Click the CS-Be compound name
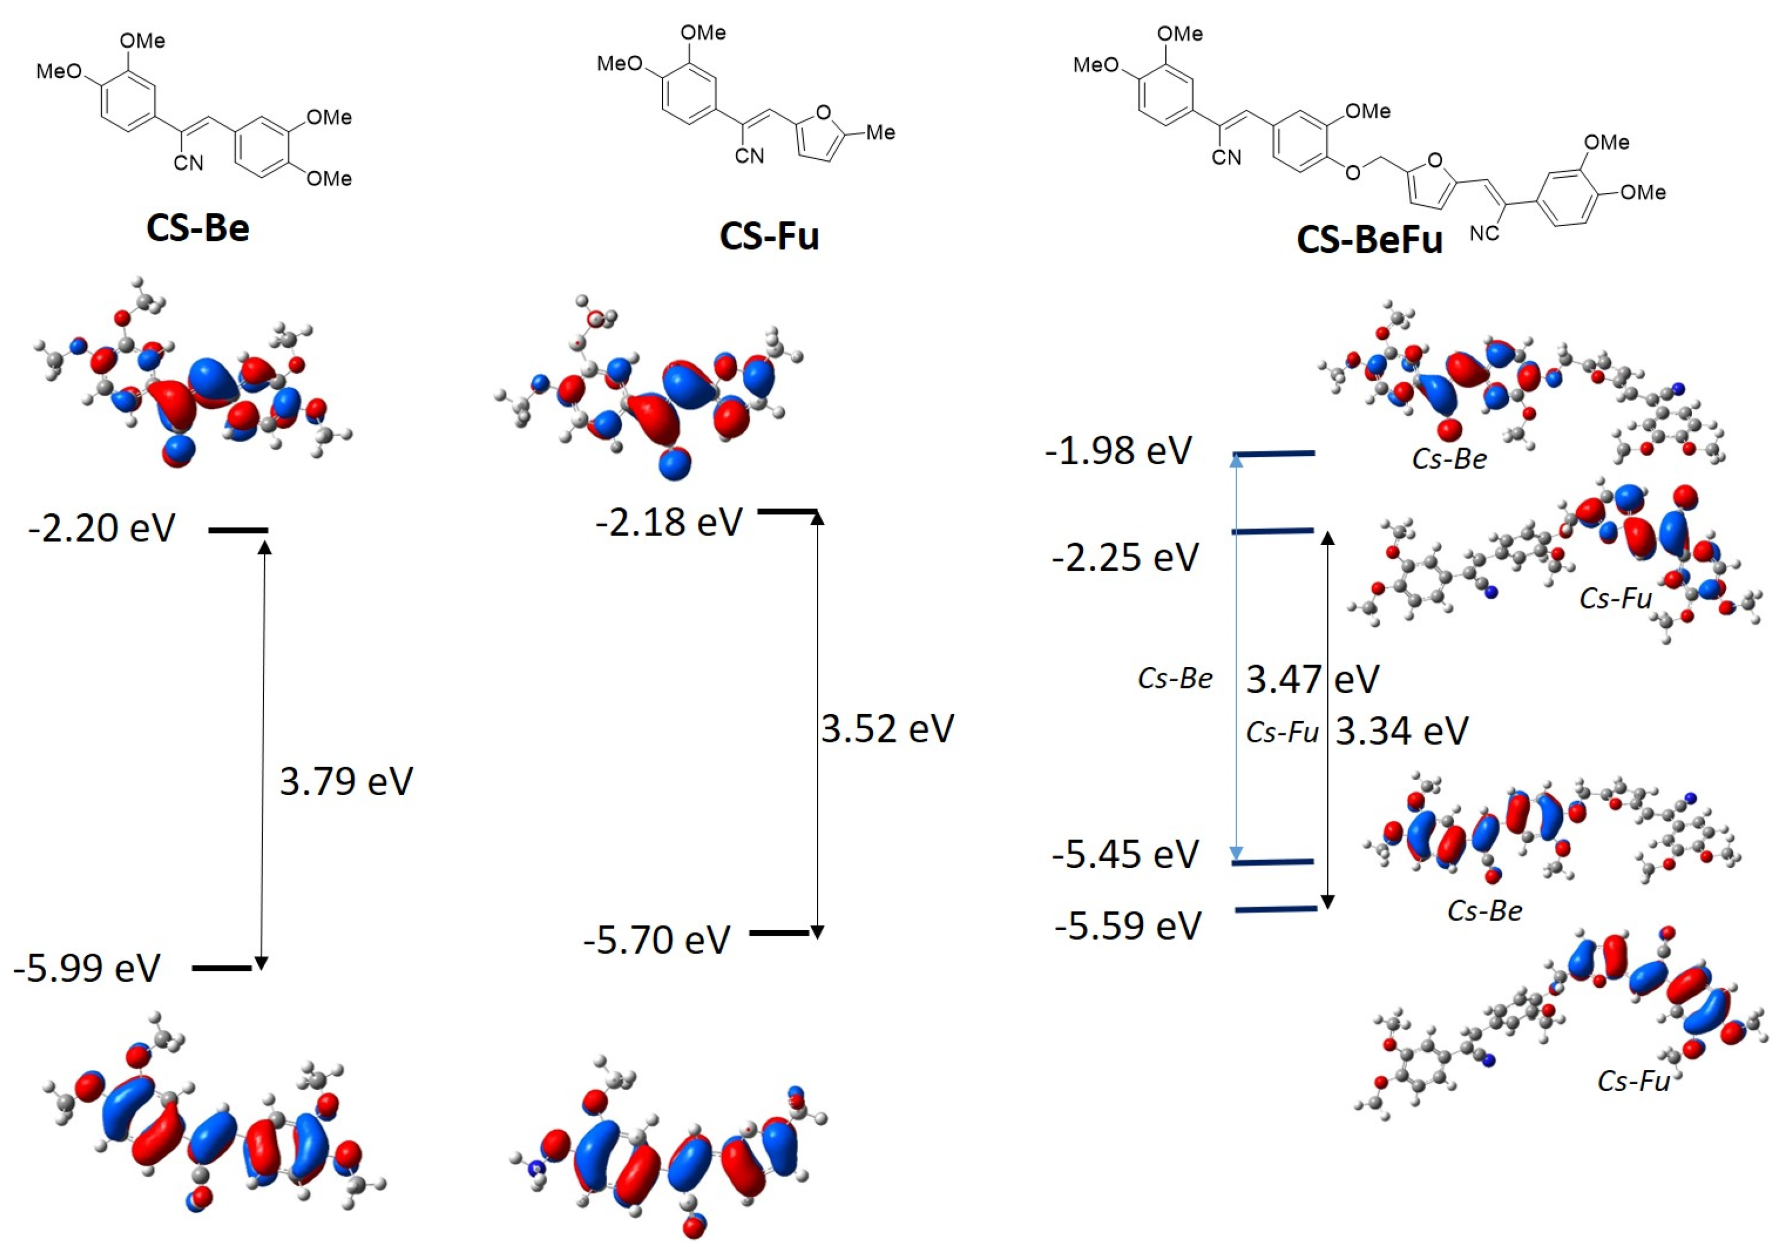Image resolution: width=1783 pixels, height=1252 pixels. click(198, 228)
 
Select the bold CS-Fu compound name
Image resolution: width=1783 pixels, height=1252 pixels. click(769, 236)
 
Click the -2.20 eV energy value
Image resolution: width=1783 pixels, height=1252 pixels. click(102, 528)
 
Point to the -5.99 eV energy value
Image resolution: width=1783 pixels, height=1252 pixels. click(87, 968)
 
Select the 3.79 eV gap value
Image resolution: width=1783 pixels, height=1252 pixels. click(346, 781)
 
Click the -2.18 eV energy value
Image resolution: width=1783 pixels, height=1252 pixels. click(670, 522)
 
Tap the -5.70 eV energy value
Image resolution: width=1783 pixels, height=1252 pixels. click(657, 940)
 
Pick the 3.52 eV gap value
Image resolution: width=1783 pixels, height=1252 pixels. click(887, 728)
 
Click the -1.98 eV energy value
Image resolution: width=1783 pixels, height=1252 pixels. click(1118, 451)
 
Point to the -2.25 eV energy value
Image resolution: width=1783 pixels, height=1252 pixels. click(1125, 558)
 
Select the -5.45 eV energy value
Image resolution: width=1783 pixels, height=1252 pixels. click(1125, 854)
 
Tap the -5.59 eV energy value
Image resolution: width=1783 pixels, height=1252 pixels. click(1128, 926)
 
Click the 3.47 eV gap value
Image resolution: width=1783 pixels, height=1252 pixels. click(1312, 679)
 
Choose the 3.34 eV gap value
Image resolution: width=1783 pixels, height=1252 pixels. click(1402, 731)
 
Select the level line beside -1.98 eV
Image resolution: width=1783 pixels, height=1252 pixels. click(1274, 453)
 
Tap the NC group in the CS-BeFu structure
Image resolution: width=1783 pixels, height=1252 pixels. click(1484, 233)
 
